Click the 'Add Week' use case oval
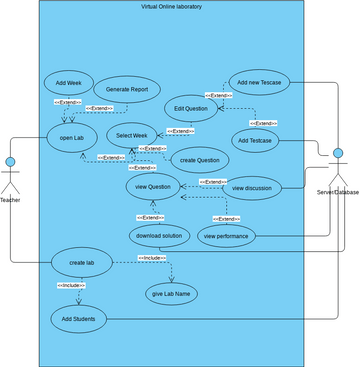(69, 84)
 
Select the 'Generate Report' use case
(134, 88)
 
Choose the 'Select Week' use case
(139, 135)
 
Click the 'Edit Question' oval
(190, 108)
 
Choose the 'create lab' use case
(82, 263)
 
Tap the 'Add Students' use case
(77, 318)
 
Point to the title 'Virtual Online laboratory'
(179, 8)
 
